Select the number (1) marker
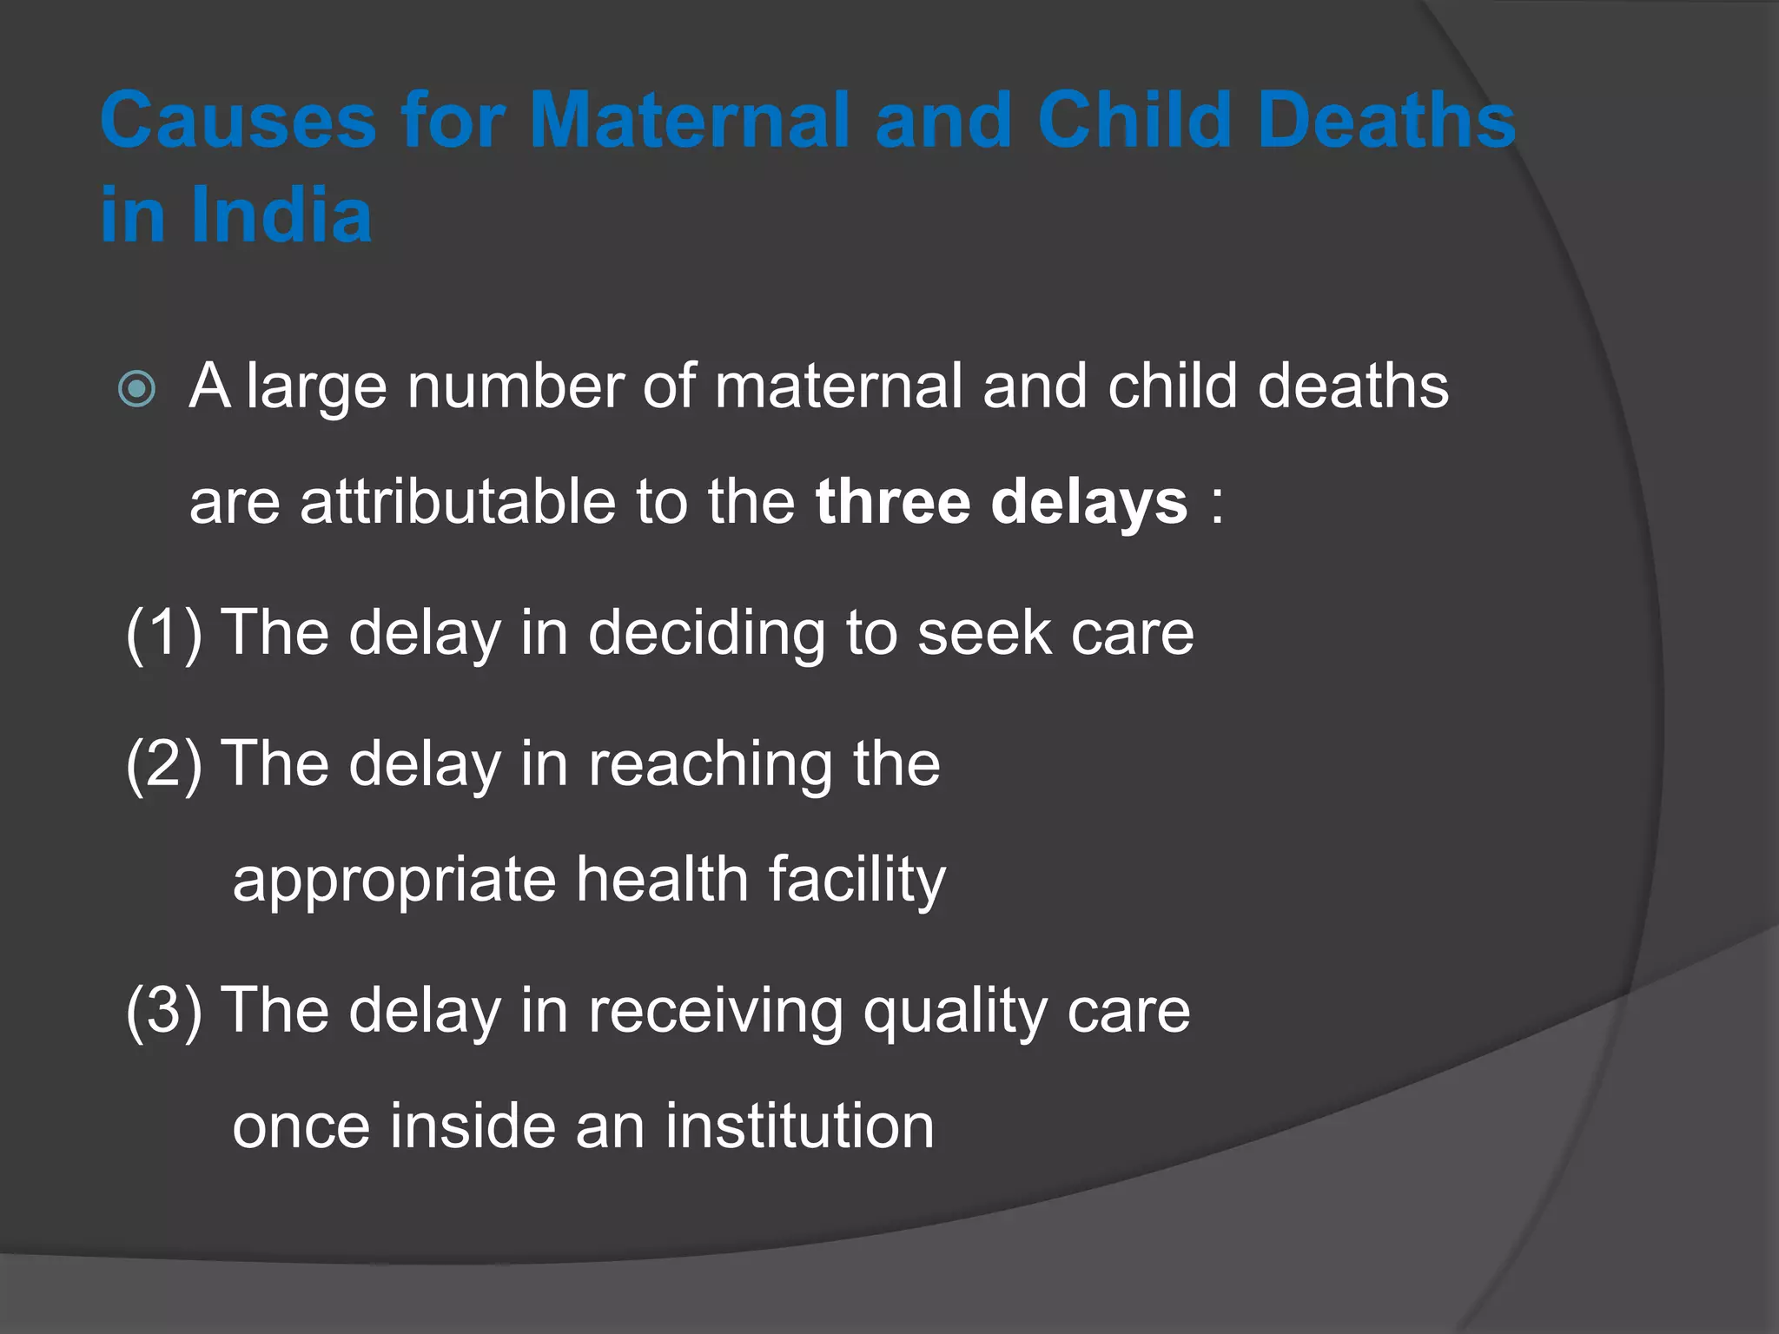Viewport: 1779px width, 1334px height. [x=164, y=633]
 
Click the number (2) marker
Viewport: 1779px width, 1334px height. [x=164, y=764]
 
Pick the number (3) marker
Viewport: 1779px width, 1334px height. [x=164, y=1011]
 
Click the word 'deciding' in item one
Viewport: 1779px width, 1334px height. [x=706, y=634]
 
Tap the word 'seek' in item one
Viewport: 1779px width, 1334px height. [x=984, y=633]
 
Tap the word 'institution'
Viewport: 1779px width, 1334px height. [x=800, y=1126]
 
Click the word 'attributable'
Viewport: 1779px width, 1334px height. [x=458, y=503]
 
